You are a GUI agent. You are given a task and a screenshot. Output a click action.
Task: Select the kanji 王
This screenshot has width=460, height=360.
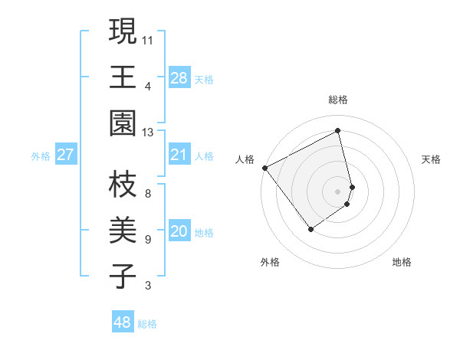click(123, 77)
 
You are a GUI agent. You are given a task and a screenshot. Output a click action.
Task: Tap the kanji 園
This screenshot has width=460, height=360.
click(123, 123)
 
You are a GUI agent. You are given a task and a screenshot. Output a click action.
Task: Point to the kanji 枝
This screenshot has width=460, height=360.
click(123, 185)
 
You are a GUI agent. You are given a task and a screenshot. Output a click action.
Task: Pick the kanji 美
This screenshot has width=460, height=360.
click(123, 231)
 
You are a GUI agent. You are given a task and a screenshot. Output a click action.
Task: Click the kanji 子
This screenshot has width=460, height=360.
click(123, 277)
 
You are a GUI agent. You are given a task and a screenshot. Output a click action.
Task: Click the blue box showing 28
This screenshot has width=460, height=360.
click(179, 78)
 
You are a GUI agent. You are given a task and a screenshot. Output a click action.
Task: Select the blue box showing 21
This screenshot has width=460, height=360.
click(179, 155)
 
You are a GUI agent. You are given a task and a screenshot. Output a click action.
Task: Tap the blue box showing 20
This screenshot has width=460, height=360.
click(179, 231)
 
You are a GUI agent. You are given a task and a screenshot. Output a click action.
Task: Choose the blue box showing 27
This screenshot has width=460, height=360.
click(65, 155)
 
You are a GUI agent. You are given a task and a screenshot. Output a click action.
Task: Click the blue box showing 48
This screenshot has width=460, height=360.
click(123, 322)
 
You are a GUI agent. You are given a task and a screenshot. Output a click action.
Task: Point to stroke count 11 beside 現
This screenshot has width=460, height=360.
click(148, 39)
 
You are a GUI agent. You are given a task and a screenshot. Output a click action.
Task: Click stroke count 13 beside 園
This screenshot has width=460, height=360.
click(148, 132)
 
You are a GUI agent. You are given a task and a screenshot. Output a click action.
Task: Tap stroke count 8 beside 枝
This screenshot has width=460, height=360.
click(148, 194)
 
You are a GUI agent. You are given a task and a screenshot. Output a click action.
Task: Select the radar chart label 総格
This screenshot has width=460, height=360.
click(338, 100)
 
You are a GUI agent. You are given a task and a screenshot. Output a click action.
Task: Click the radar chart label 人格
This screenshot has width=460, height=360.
click(245, 159)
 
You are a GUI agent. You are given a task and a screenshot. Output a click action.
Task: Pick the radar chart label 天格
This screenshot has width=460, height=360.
click(431, 159)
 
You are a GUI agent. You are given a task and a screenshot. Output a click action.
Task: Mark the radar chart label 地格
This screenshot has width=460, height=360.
click(402, 262)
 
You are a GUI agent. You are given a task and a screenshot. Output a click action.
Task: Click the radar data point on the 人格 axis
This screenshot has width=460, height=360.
click(264, 168)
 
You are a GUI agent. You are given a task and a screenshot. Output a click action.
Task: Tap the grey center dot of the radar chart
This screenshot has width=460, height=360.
click(338, 191)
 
